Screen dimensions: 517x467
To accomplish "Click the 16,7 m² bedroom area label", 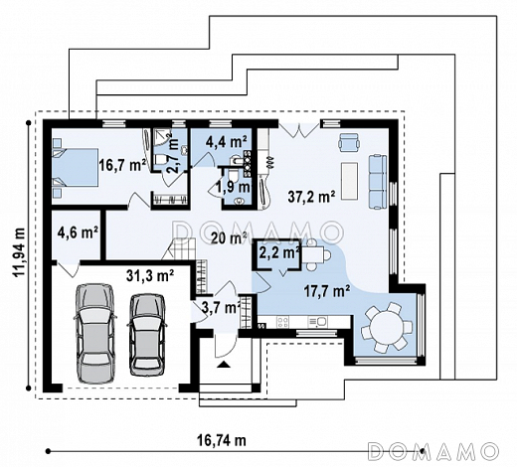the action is click(122, 165).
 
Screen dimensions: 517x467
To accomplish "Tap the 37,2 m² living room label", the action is click(311, 197).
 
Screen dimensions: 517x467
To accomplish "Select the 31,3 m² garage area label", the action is click(150, 275).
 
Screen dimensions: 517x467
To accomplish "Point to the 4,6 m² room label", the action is click(78, 232).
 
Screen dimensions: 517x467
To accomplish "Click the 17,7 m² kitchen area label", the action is click(327, 291).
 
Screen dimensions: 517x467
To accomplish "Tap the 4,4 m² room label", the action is click(227, 142).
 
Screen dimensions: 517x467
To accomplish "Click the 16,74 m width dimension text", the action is click(222, 440).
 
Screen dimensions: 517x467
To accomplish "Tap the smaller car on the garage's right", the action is click(147, 335).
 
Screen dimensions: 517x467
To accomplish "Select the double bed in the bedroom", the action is click(75, 168).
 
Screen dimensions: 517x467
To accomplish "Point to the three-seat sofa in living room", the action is click(378, 182).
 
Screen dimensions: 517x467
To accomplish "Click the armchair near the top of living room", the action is click(348, 141).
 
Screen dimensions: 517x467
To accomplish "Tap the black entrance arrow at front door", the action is click(224, 365).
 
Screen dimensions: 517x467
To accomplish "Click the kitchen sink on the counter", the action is click(318, 321).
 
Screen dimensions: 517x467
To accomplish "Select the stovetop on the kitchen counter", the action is click(282, 321).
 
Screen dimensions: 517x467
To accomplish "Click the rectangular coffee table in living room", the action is click(349, 181).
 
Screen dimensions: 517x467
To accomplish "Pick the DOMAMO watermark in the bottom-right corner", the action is click(433, 450).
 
